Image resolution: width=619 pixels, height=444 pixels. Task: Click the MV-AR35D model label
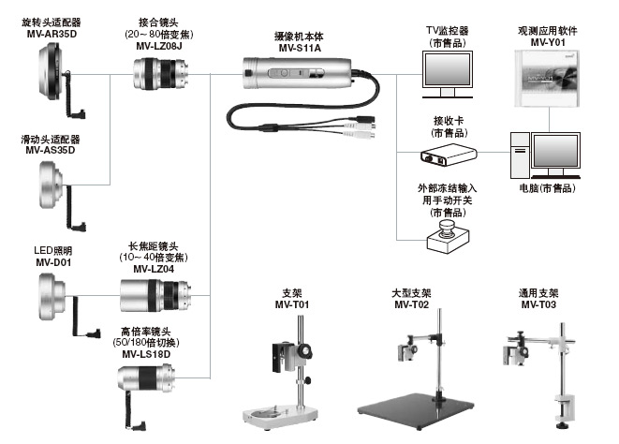(x=52, y=34)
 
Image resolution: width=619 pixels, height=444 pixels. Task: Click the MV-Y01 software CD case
(x=544, y=76)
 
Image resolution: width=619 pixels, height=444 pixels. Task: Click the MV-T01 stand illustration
(x=286, y=375)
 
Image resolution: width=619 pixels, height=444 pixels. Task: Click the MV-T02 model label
(x=411, y=304)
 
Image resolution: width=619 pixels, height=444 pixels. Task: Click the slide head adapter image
(x=52, y=185)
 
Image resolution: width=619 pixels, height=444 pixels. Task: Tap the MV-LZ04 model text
(x=155, y=268)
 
